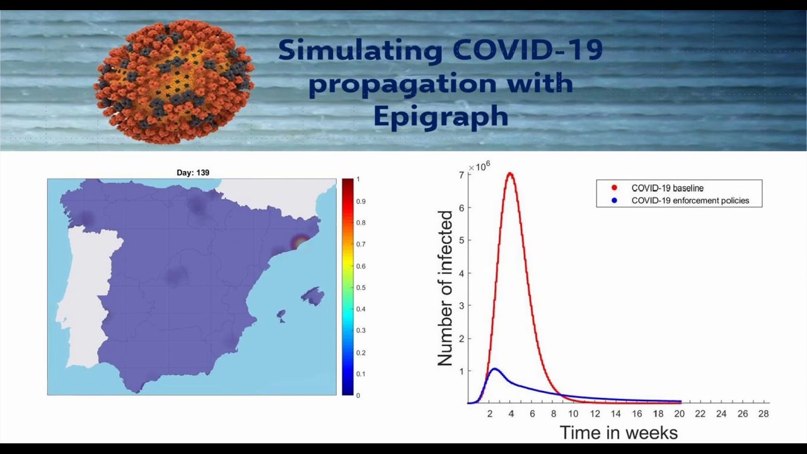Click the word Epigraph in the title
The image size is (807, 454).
click(441, 117)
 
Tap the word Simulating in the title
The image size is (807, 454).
click(361, 50)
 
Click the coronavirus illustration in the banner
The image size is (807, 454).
click(174, 80)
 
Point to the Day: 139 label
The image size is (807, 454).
click(193, 173)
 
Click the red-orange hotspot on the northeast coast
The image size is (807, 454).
click(301, 241)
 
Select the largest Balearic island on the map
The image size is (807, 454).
click(313, 296)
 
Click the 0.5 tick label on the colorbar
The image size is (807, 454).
click(361, 288)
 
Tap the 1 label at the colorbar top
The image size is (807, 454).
click(357, 180)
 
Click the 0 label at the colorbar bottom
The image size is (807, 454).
click(357, 395)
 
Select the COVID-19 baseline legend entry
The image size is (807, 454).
click(667, 188)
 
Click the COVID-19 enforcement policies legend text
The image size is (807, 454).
click(690, 201)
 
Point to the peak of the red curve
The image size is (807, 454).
click(510, 173)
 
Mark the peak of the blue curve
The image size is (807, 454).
click(494, 369)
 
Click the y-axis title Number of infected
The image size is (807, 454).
click(445, 288)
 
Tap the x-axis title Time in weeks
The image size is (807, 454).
click(618, 433)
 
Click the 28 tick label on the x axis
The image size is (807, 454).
click(763, 414)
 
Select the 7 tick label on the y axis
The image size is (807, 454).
click(462, 175)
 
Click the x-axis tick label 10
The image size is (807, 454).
click(573, 414)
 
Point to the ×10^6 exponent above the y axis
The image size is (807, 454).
click(480, 166)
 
